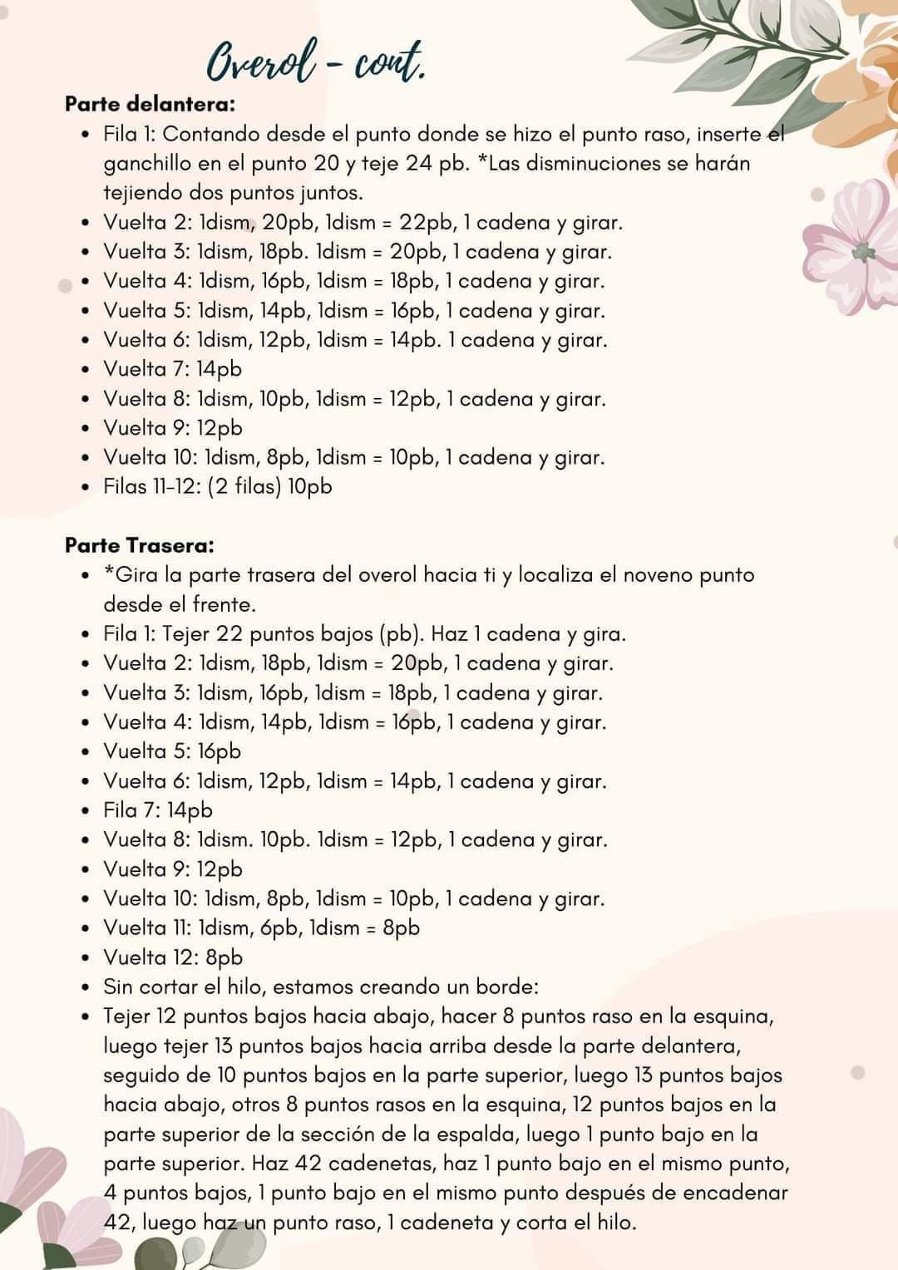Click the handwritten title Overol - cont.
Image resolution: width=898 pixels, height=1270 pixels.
click(316, 64)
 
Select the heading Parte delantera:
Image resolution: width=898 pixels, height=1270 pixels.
click(150, 105)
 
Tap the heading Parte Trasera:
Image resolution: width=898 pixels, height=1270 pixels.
click(140, 546)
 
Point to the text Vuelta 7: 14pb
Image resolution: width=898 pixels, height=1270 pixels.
click(173, 369)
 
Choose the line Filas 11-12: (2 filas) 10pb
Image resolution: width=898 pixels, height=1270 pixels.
click(218, 486)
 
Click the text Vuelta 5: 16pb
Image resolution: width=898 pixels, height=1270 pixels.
click(172, 751)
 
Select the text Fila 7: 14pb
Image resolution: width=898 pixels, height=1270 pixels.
click(158, 810)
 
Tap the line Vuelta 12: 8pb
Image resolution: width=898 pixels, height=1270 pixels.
click(173, 957)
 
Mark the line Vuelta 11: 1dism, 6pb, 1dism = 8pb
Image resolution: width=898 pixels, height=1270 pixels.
click(261, 928)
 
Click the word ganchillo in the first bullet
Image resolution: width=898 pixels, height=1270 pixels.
click(147, 164)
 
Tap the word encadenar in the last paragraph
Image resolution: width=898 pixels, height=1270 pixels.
click(735, 1194)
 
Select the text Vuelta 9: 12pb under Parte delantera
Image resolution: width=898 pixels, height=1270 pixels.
click(173, 428)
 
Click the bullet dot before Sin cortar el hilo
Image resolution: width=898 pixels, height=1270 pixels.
click(86, 988)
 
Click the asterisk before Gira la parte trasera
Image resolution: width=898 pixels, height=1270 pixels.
click(109, 573)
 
